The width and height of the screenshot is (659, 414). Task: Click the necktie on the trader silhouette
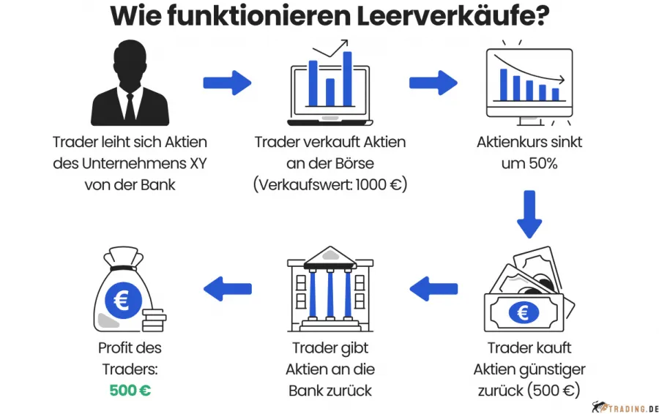130,106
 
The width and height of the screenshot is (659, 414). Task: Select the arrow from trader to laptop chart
227,82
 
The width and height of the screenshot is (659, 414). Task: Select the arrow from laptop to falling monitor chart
433,82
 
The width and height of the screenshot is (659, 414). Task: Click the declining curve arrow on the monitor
529,68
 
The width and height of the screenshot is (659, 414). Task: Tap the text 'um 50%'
529,163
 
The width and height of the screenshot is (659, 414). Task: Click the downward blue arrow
529,214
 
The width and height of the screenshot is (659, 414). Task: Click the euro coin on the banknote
524,313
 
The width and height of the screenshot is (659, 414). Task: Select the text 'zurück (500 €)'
529,391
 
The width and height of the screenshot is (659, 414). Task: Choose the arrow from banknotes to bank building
433,289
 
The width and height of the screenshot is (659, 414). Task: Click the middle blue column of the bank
329,293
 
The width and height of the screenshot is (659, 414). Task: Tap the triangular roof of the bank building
329,256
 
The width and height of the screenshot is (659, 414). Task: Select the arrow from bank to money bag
227,289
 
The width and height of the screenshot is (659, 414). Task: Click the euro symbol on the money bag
119,299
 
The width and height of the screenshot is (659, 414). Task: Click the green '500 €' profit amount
130,391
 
